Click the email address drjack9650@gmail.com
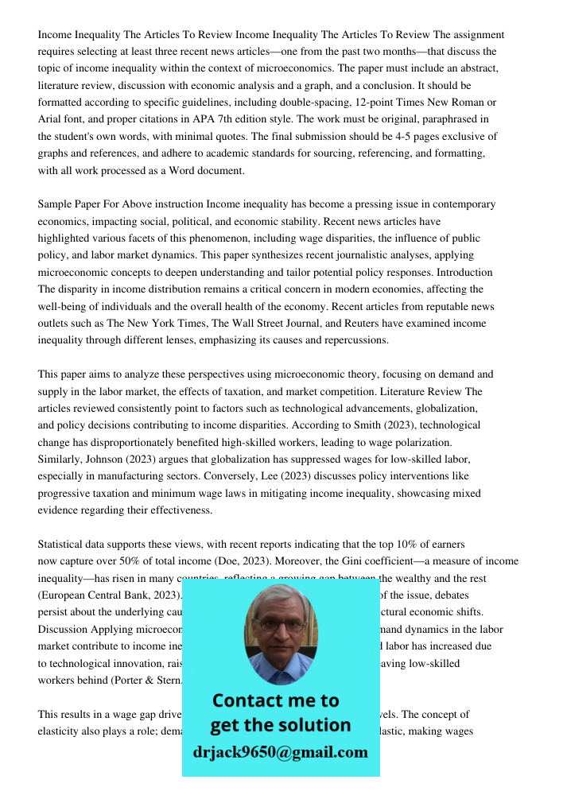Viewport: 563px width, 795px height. [280, 752]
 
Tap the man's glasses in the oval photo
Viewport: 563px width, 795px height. [281, 625]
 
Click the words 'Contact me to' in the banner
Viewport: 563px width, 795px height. [275, 700]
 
